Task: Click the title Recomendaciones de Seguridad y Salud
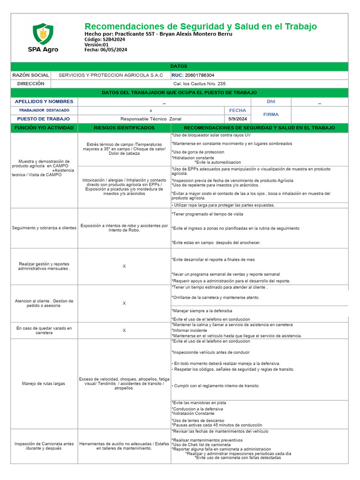(x=200, y=26)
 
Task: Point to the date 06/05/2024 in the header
(x=113, y=50)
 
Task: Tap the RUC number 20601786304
(x=200, y=75)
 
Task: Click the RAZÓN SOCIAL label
(x=30, y=75)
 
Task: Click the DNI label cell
(x=271, y=102)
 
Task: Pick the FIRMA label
(x=271, y=114)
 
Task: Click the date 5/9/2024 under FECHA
(x=237, y=119)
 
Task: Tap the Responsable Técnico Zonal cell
(x=150, y=119)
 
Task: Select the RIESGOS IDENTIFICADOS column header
(x=124, y=127)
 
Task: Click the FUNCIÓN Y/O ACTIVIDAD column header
(x=44, y=127)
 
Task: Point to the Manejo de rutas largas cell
(x=44, y=383)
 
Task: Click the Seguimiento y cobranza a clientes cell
(x=44, y=228)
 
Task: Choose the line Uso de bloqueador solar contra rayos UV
(x=211, y=135)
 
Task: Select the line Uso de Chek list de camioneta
(x=205, y=444)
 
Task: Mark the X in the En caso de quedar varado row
(x=124, y=330)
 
